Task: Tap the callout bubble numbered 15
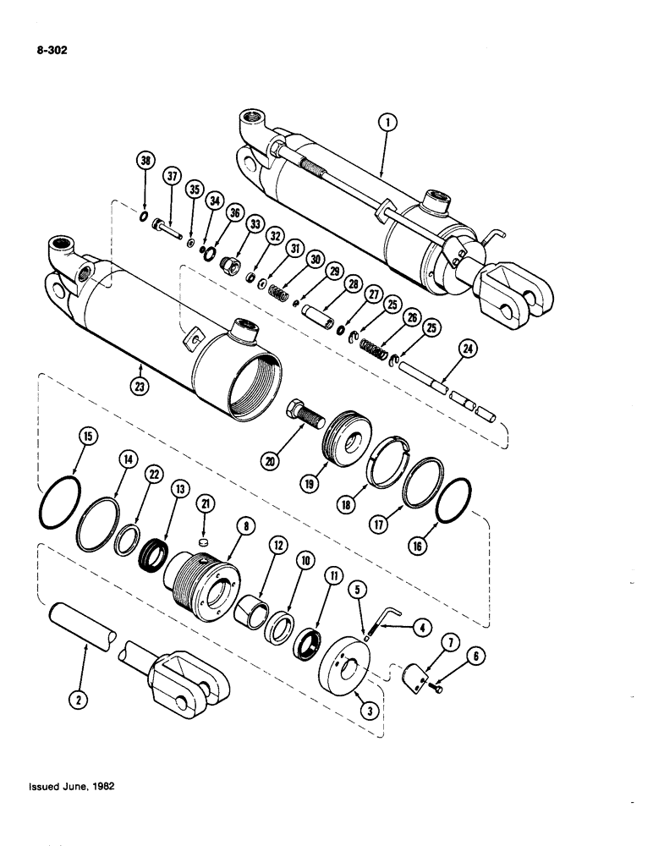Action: click(88, 437)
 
